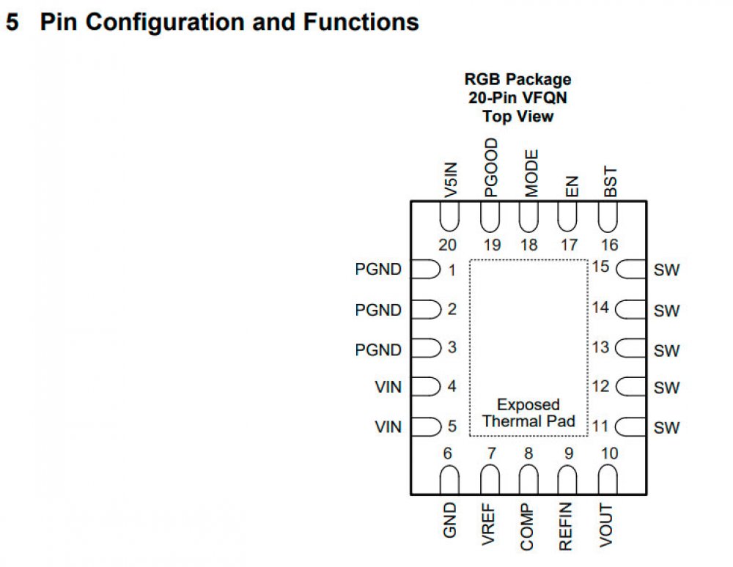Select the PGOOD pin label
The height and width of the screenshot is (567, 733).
point(491,168)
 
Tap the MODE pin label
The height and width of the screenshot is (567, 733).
point(532,173)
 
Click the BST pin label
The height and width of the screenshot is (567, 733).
point(610,182)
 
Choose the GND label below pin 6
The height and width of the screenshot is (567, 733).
point(450,519)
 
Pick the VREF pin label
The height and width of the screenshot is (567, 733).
point(490,523)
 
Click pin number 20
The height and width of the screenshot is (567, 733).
point(448,245)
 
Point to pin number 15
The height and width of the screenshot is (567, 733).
point(601,267)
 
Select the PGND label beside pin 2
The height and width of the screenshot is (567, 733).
point(378,310)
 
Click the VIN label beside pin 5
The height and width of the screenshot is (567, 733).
point(388,426)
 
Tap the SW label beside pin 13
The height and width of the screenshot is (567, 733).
point(667,351)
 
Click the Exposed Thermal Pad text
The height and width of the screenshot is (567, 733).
point(528,413)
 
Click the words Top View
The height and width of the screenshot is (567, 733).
point(517,116)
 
